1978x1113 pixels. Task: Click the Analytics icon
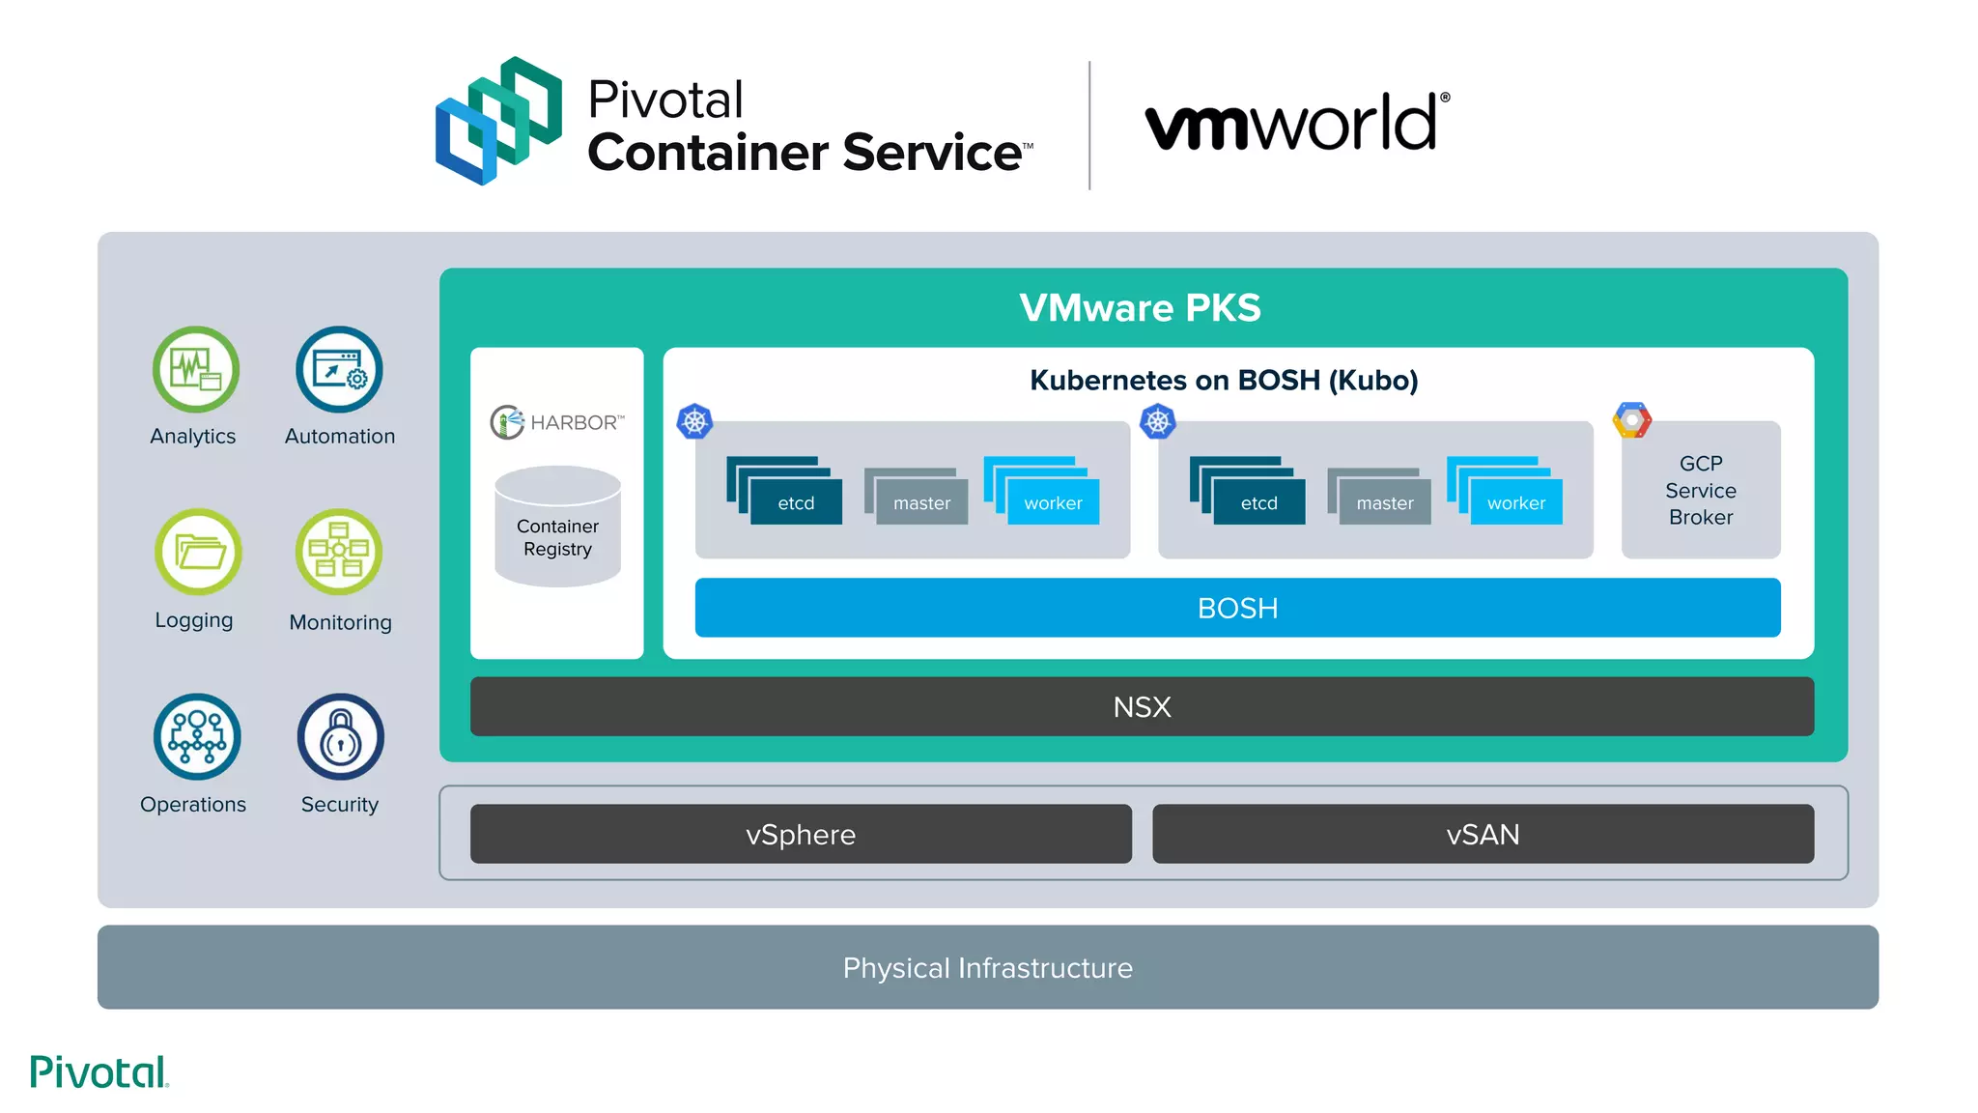point(196,370)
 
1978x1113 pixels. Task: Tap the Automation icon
point(339,370)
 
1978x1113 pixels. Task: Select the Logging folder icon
point(198,552)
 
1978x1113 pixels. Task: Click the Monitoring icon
point(339,552)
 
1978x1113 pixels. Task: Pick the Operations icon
point(197,736)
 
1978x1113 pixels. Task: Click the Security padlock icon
point(340,736)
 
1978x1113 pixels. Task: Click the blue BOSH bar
point(1237,608)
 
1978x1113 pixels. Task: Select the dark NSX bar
point(1142,706)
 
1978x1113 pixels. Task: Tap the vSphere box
point(801,834)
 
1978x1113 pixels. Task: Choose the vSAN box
point(1483,834)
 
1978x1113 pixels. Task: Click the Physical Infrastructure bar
point(987,967)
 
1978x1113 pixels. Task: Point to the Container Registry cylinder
point(557,528)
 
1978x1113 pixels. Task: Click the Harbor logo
point(557,422)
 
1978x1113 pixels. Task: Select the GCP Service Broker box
point(1700,491)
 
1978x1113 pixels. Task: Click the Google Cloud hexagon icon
point(1631,420)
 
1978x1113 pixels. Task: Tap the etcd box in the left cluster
point(795,501)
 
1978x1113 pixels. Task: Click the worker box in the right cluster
point(1514,501)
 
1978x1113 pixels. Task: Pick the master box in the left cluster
point(920,501)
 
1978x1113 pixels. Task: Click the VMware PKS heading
point(1140,307)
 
